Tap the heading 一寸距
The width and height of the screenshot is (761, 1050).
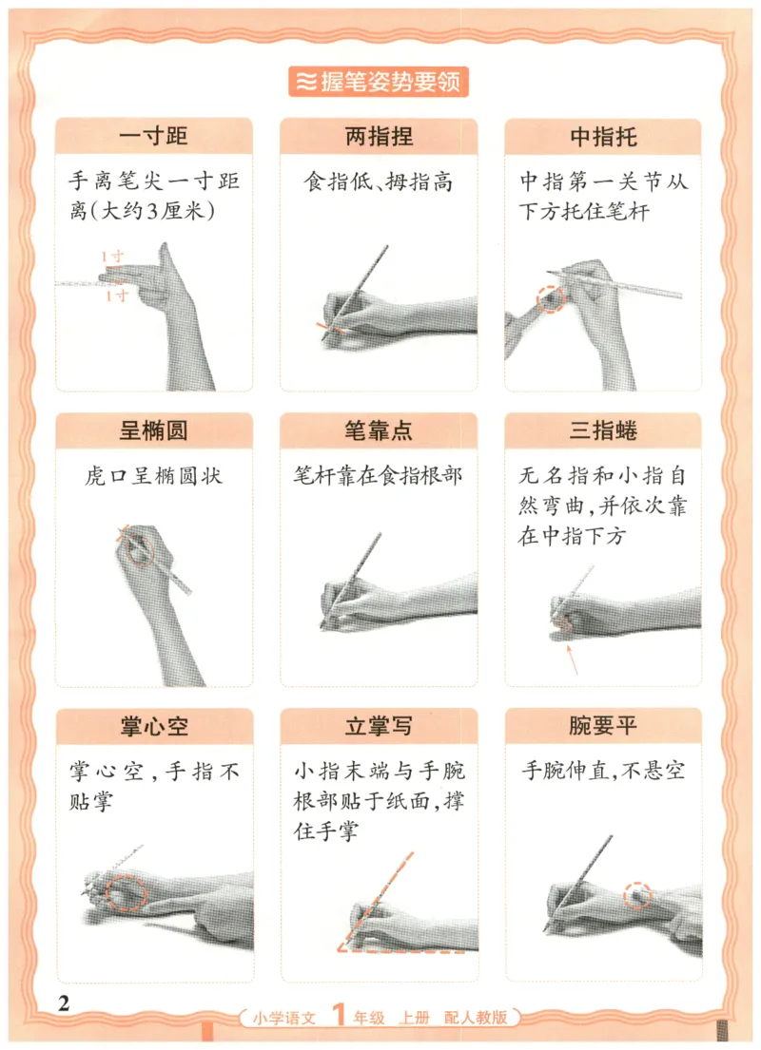[x=154, y=136]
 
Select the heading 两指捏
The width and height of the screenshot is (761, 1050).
[x=379, y=136]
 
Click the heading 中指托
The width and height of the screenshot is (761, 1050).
[x=603, y=136]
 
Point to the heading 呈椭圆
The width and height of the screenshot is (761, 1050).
[x=154, y=430]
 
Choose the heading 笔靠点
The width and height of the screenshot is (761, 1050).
[x=379, y=430]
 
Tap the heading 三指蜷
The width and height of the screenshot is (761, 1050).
[x=603, y=430]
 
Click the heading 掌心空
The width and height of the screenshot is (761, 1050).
[x=154, y=727]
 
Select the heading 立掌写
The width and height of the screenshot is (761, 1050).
[x=379, y=727]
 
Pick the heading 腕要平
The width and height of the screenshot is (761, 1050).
[x=603, y=727]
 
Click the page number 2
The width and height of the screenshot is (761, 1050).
[x=65, y=1003]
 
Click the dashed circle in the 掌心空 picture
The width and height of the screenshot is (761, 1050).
[x=127, y=894]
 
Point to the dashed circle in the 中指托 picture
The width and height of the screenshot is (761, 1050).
[x=552, y=298]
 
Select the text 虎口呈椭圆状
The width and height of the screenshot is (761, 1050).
[x=154, y=476]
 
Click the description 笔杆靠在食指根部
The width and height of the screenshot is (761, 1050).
[x=379, y=476]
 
